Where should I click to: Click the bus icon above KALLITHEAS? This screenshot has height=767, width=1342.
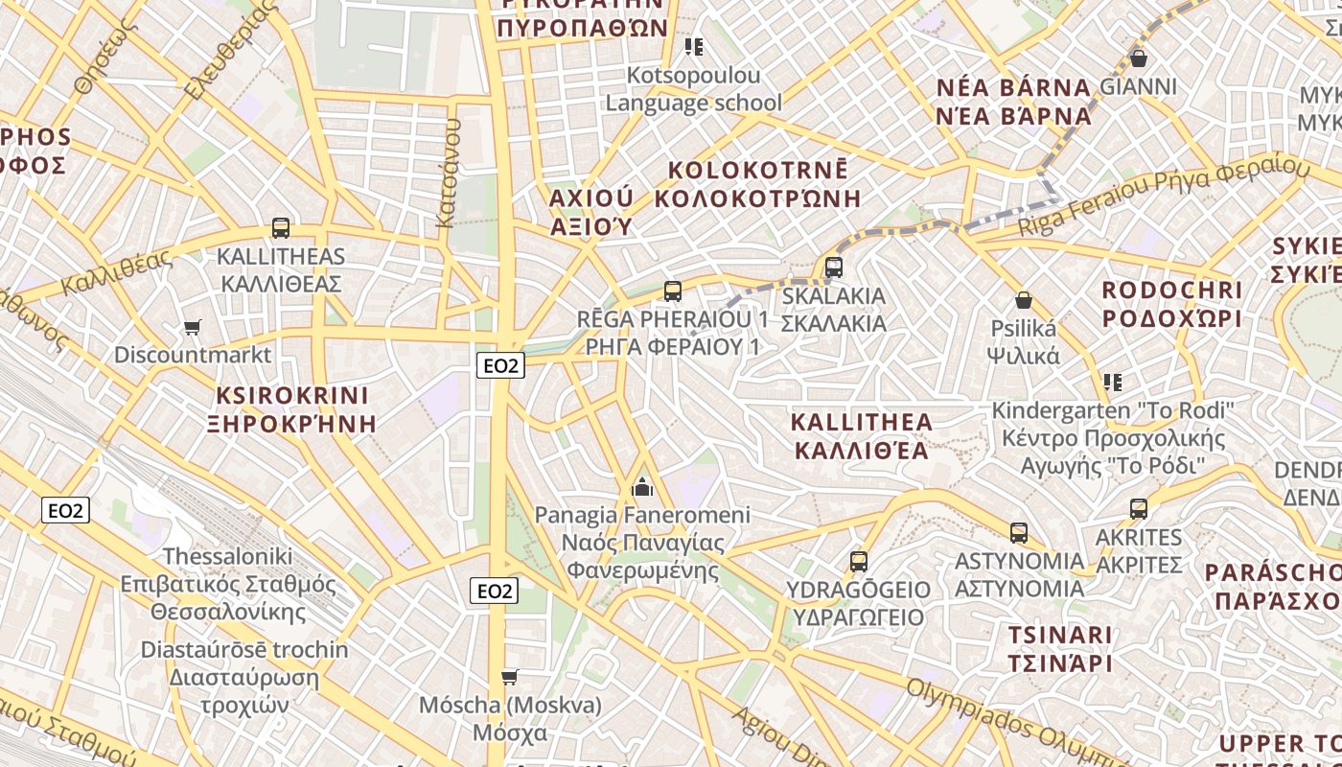click(x=280, y=228)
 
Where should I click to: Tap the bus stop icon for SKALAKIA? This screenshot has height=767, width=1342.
click(x=834, y=267)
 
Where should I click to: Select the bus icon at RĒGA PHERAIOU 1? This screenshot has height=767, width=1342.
click(x=673, y=291)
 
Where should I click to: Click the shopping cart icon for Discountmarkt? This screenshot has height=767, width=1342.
click(x=192, y=328)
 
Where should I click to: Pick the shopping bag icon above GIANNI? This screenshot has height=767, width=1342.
click(x=1139, y=58)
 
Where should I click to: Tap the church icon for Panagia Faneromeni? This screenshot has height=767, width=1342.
click(x=642, y=488)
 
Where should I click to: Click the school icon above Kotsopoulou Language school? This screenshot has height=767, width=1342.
click(x=694, y=47)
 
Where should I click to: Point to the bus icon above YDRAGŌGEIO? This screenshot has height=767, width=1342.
click(x=859, y=562)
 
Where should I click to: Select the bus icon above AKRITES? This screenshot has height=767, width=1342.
click(x=1139, y=509)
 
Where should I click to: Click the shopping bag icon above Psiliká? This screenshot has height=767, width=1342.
click(x=1024, y=300)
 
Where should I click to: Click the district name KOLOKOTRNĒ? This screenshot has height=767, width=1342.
click(x=757, y=171)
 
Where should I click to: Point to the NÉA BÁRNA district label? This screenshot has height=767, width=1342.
click(x=1013, y=88)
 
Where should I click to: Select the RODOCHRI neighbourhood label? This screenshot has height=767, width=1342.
click(x=1171, y=290)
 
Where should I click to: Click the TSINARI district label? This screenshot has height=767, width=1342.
click(x=1059, y=635)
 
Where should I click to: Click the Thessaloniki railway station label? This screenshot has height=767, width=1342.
click(x=227, y=556)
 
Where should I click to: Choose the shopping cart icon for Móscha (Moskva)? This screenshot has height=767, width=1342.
click(x=510, y=678)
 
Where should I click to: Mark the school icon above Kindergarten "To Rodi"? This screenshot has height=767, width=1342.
click(x=1112, y=383)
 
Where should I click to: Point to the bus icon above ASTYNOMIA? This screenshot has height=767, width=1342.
click(x=1019, y=532)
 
